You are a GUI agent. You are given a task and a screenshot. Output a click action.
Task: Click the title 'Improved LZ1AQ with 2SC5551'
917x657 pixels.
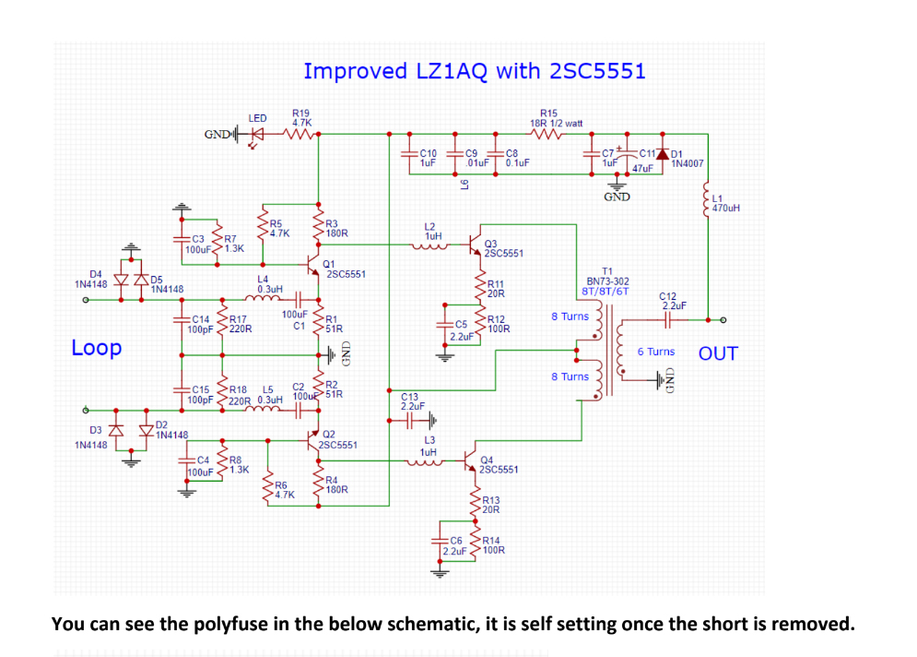[x=474, y=71]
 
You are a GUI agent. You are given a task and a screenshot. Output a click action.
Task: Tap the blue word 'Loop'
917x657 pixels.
[x=96, y=348]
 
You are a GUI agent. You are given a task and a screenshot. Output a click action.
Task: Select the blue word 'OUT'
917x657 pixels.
[x=718, y=353]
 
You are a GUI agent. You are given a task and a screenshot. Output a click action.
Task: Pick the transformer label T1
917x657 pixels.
[x=607, y=270]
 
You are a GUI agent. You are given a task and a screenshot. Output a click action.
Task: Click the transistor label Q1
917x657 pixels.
[x=329, y=264]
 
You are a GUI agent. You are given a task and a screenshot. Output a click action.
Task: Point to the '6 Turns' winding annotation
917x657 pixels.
[x=655, y=352]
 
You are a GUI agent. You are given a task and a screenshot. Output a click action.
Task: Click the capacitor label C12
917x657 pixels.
[x=668, y=295]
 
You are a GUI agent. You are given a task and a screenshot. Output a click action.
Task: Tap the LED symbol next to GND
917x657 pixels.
[x=258, y=134]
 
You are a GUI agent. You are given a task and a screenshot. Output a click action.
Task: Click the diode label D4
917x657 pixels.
[x=96, y=274]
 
